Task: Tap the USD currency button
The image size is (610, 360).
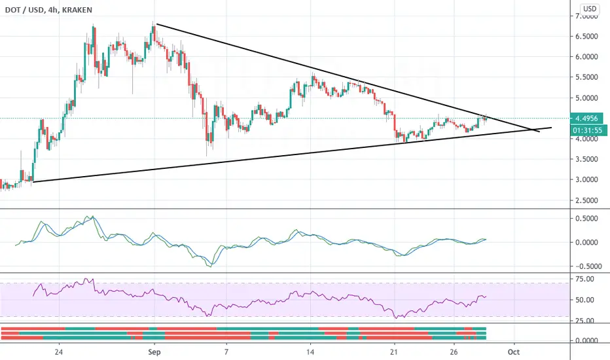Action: click(589, 9)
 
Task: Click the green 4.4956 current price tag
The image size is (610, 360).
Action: click(586, 118)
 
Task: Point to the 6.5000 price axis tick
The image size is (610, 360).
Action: click(586, 36)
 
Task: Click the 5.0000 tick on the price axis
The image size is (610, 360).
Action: click(586, 98)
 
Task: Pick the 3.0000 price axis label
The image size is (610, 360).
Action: click(586, 180)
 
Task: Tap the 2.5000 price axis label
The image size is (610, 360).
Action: click(586, 200)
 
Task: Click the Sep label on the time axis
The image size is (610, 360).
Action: click(154, 352)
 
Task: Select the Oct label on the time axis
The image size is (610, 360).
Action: click(514, 352)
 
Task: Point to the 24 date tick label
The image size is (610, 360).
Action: click(59, 352)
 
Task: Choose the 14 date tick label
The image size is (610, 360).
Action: click(310, 352)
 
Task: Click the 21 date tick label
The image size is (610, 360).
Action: click(395, 352)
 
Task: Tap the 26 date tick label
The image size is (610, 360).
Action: click(454, 352)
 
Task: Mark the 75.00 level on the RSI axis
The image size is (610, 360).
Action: click(584, 279)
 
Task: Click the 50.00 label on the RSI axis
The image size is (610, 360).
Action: click(584, 300)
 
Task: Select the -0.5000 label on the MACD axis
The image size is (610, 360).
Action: click(586, 266)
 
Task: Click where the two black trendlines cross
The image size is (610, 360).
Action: click(532, 129)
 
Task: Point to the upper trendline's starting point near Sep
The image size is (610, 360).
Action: click(156, 24)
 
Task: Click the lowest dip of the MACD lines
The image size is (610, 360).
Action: click(211, 266)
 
